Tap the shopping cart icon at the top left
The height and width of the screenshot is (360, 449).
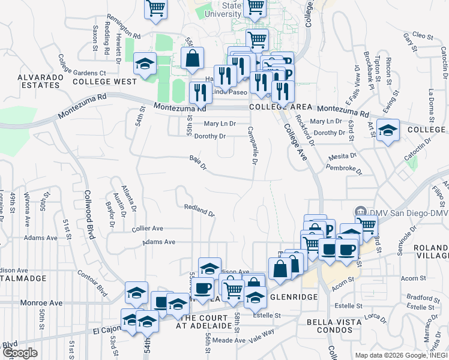coord(155,8)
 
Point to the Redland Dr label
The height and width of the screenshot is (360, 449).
coord(199,209)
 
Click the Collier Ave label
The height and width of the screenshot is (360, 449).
coord(148,229)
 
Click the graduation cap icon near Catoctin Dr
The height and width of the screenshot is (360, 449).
coord(388,130)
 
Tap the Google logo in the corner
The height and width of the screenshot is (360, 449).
coord(20,353)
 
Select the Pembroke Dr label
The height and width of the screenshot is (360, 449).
coord(346,168)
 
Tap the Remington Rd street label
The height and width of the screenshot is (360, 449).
coord(124,26)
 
